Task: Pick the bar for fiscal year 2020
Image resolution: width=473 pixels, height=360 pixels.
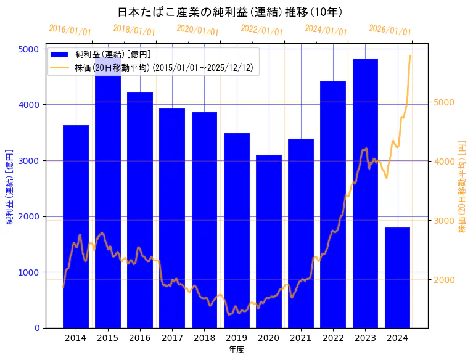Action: point(269,241)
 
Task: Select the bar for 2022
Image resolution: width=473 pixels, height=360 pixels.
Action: point(333,204)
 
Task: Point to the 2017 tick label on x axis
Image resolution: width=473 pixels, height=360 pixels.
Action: point(172,338)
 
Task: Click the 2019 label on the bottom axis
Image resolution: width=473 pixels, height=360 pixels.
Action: point(237,338)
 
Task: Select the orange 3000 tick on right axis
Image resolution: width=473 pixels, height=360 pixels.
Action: point(444,221)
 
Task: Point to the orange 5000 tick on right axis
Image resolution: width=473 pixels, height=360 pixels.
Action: point(444,102)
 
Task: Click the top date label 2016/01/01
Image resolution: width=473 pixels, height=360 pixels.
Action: point(70,30)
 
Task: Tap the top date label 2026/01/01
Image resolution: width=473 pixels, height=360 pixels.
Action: point(390,30)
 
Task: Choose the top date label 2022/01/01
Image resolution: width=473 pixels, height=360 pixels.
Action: point(261,30)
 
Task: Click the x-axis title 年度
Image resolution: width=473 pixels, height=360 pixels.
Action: point(236,350)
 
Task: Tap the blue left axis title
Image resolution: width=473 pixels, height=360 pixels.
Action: point(10,187)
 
